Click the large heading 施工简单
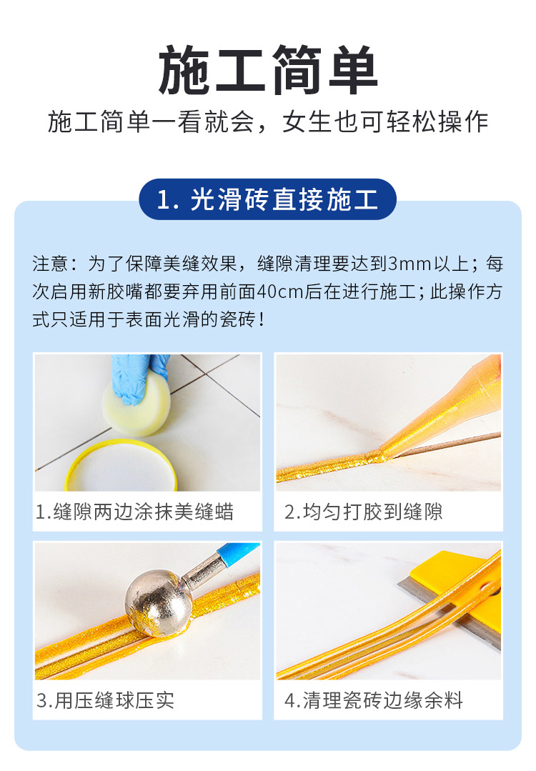268,69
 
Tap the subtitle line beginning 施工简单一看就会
268,122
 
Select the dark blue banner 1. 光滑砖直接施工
268,199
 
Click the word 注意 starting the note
50,264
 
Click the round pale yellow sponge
137,407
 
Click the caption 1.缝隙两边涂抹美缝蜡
134,512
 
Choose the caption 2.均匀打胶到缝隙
363,512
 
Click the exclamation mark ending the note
261,320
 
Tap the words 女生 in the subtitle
307,122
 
